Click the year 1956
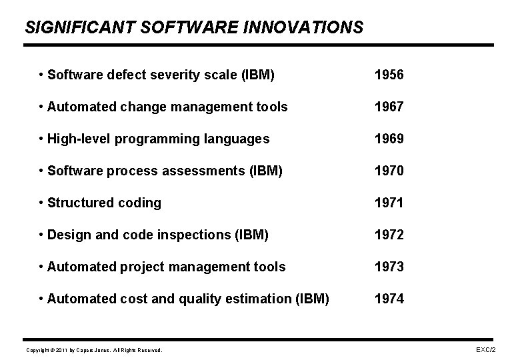point(389,75)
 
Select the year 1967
point(389,107)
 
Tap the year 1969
point(389,139)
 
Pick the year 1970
point(389,171)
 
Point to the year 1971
point(389,203)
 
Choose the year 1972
point(389,235)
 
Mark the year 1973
point(389,267)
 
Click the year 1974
point(389,299)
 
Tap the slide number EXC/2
point(485,349)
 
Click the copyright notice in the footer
point(93,350)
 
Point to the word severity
point(169,75)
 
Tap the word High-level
point(81,139)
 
